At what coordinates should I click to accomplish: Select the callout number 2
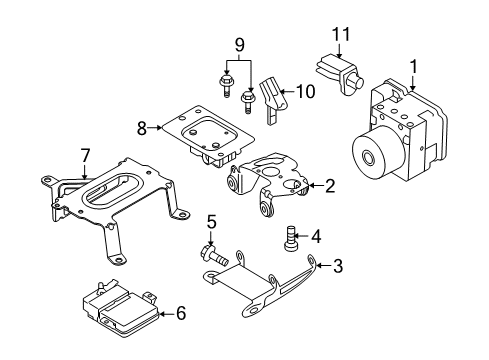pos(329,185)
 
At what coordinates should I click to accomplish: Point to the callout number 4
pos(316,237)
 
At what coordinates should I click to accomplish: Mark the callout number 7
pos(85,156)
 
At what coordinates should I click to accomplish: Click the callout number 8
pos(141,127)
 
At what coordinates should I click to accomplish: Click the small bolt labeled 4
pos(291,238)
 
